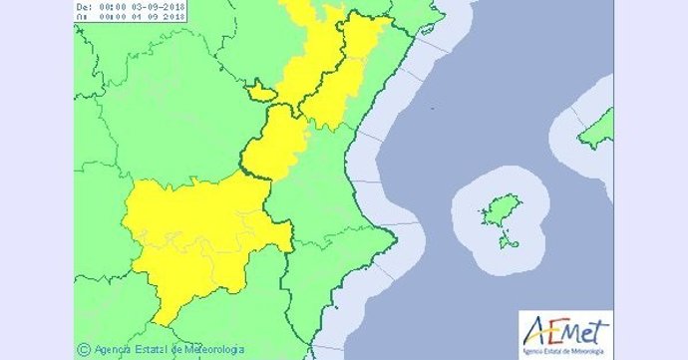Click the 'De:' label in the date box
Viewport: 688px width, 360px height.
point(85,5)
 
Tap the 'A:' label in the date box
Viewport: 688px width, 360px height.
point(85,17)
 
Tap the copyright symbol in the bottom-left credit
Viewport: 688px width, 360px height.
point(83,349)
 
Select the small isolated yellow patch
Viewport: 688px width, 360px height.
point(260,93)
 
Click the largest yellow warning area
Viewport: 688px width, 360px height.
point(199,239)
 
